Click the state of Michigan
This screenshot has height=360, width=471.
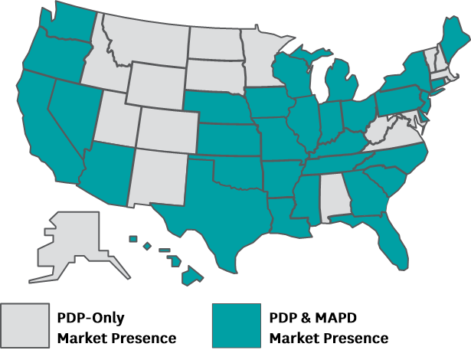coord(342,84)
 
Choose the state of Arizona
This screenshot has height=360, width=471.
coord(107,169)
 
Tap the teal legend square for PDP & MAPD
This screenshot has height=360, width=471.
coord(235,326)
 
